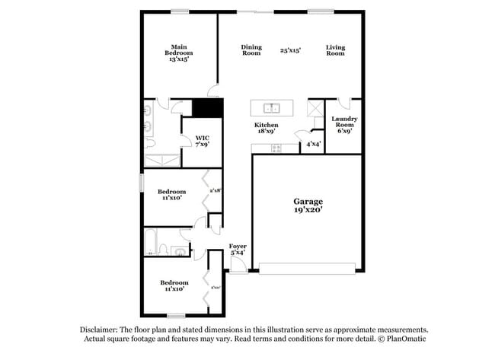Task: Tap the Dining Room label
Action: pos(251,50)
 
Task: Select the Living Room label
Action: pos(335,50)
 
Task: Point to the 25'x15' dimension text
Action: pos(290,50)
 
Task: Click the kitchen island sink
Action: pos(270,107)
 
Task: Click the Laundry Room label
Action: pos(344,125)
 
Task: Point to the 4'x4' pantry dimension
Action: pos(313,143)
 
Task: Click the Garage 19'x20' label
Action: pos(308,206)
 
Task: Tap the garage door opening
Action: pos(307,267)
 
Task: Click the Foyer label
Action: pos(238,250)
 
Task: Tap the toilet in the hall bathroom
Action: pos(180,251)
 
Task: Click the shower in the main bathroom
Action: pos(162,160)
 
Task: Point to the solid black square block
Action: pos(206,108)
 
